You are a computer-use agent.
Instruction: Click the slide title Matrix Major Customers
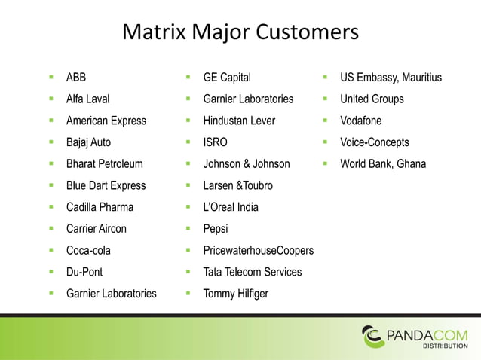(240, 34)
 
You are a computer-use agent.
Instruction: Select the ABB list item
(76, 78)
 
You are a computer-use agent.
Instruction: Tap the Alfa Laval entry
(87, 99)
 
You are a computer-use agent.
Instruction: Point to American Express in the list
(106, 121)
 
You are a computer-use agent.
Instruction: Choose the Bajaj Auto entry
(88, 142)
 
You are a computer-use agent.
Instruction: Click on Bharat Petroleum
(104, 163)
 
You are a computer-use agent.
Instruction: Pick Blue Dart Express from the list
(106, 185)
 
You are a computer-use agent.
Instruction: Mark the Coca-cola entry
(88, 250)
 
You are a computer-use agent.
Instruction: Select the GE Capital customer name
(227, 78)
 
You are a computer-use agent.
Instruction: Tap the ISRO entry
(215, 142)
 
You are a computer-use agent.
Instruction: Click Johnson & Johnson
(246, 163)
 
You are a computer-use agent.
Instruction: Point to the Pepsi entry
(216, 228)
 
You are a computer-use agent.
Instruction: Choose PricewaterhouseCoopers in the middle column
(258, 250)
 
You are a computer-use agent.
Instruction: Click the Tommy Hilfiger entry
(235, 293)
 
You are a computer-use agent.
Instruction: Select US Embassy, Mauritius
(391, 78)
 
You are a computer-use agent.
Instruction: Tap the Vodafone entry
(360, 121)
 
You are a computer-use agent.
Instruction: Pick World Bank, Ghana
(383, 163)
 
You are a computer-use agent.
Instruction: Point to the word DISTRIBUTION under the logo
(444, 346)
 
